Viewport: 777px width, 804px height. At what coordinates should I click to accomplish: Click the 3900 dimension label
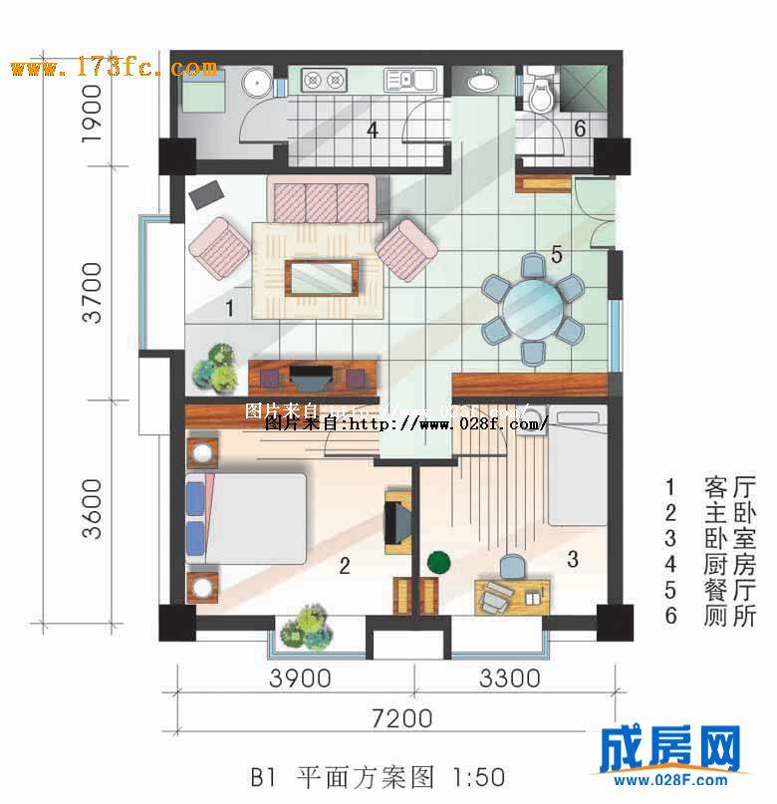300,679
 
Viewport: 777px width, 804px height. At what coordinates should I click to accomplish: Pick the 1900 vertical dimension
93,115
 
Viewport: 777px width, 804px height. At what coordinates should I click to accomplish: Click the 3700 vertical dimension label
93,292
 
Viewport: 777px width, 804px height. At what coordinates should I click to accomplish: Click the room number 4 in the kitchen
372,130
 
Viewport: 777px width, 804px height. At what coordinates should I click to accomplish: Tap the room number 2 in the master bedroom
344,567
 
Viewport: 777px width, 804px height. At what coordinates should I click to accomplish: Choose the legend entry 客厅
714,488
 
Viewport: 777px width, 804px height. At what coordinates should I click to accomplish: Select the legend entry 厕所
714,616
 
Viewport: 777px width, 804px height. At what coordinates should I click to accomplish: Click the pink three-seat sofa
321,202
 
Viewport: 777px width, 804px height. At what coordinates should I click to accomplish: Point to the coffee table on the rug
321,277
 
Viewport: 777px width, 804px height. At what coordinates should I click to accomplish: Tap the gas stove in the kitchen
324,79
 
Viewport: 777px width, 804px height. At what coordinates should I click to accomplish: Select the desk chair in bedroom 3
512,566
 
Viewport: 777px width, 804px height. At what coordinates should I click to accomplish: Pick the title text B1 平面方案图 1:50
378,776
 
